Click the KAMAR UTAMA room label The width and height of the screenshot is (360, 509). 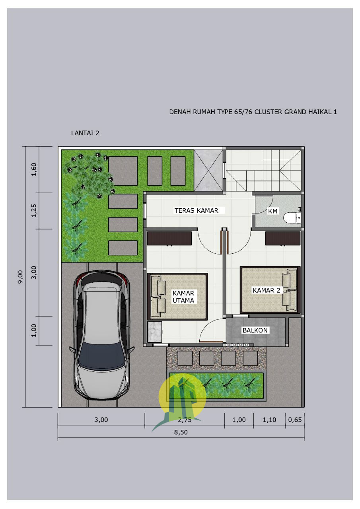tap(183, 297)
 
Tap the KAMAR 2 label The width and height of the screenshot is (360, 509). tap(267, 290)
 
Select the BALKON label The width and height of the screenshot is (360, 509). tap(255, 330)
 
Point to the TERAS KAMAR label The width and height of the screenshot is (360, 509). tap(197, 211)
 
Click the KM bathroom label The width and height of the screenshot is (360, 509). tap(273, 211)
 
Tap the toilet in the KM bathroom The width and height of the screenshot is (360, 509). tap(292, 218)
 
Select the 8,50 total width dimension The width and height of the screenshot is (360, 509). tap(181, 432)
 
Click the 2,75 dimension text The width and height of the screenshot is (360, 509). tap(185, 420)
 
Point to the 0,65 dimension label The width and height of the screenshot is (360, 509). tap(295, 420)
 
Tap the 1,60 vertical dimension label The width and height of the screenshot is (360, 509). tap(34, 169)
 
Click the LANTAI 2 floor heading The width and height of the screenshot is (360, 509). tap(85, 133)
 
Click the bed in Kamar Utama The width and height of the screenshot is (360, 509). tap(177, 297)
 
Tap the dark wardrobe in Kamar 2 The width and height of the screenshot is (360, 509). tap(283, 239)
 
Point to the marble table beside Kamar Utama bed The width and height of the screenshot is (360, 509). tap(155, 332)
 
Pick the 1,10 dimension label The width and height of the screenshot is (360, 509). tap(270, 420)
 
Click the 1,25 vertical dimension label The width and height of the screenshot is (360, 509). tap(34, 211)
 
